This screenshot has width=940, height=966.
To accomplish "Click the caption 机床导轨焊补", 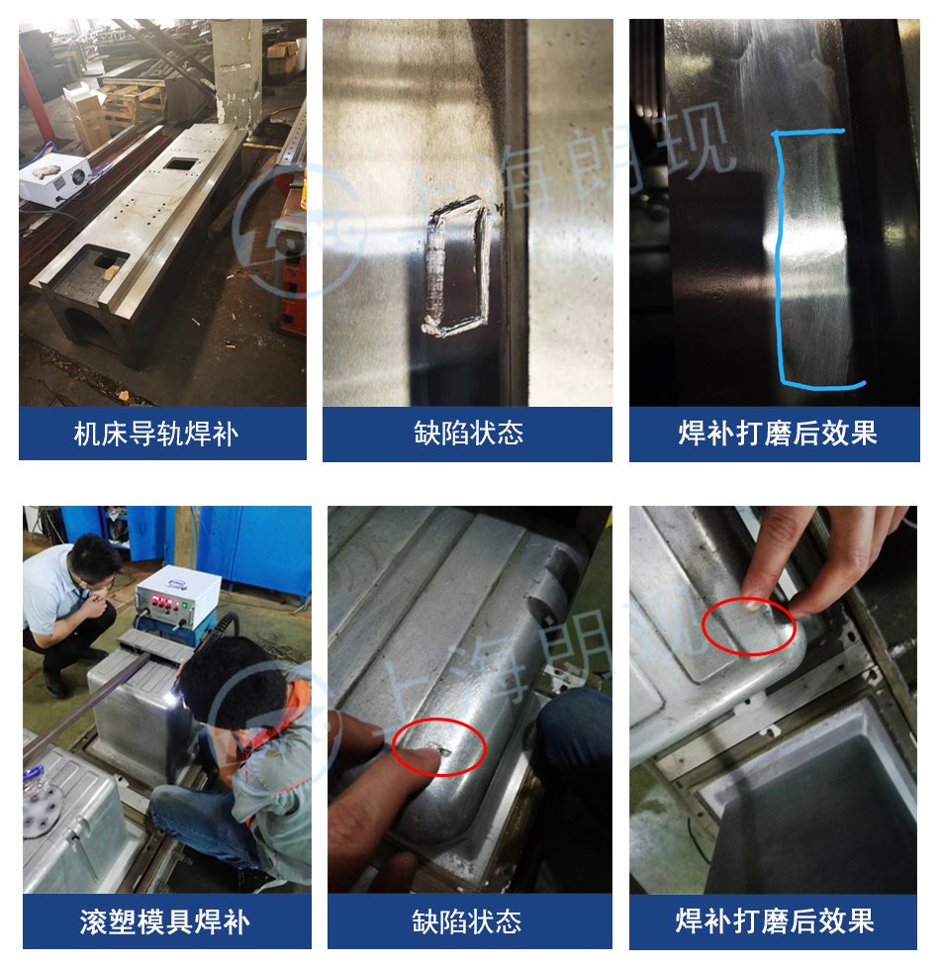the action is [x=156, y=434].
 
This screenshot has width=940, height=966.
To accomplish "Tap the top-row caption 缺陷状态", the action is [x=468, y=434].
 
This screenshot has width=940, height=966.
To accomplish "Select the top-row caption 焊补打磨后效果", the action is [x=778, y=434].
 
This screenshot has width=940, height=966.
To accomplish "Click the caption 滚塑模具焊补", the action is [x=164, y=921].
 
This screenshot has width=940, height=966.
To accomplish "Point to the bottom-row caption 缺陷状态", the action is [x=467, y=921].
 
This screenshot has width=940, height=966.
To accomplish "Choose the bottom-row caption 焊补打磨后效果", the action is [x=775, y=921].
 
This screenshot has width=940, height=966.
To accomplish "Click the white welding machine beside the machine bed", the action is [x=54, y=178].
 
